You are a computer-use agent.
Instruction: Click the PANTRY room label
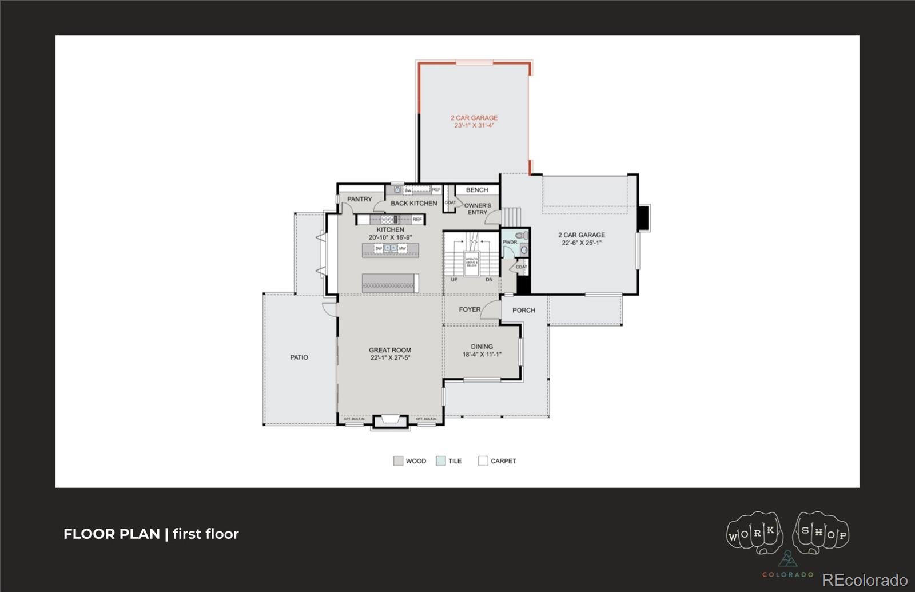(x=359, y=199)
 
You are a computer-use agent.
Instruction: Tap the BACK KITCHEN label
(x=413, y=203)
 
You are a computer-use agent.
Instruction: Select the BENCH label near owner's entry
(x=477, y=190)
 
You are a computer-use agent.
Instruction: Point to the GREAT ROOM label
(x=390, y=350)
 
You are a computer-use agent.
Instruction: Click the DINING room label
(x=482, y=347)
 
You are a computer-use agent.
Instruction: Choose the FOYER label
(x=470, y=309)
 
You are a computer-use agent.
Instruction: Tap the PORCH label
(x=524, y=310)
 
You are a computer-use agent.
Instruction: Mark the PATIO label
(x=299, y=357)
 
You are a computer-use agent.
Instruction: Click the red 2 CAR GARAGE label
(x=474, y=118)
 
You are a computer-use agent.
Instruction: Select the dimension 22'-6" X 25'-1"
(x=582, y=243)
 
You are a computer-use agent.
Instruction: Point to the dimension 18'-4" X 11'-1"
(x=482, y=355)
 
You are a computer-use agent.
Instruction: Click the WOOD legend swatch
(x=398, y=461)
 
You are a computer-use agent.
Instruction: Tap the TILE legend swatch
(x=440, y=461)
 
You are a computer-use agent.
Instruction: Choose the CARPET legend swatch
(x=483, y=461)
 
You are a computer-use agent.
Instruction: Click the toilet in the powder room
(x=522, y=236)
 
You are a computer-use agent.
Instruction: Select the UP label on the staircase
(x=454, y=280)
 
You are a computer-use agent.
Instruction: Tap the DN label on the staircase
(x=489, y=280)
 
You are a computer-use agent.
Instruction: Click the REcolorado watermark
(x=865, y=579)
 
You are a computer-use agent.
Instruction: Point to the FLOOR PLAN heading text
(x=112, y=534)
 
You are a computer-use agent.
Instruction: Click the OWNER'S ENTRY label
(x=478, y=209)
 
